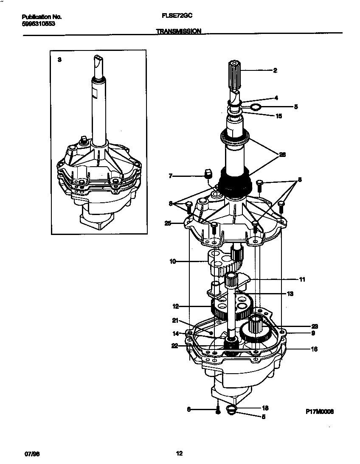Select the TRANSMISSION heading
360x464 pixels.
178,31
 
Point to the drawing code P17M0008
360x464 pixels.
319,411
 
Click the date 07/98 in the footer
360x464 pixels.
28,454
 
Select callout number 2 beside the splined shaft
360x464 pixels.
275,70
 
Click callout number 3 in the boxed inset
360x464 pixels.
59,60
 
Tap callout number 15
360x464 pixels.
279,115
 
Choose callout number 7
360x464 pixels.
170,175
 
